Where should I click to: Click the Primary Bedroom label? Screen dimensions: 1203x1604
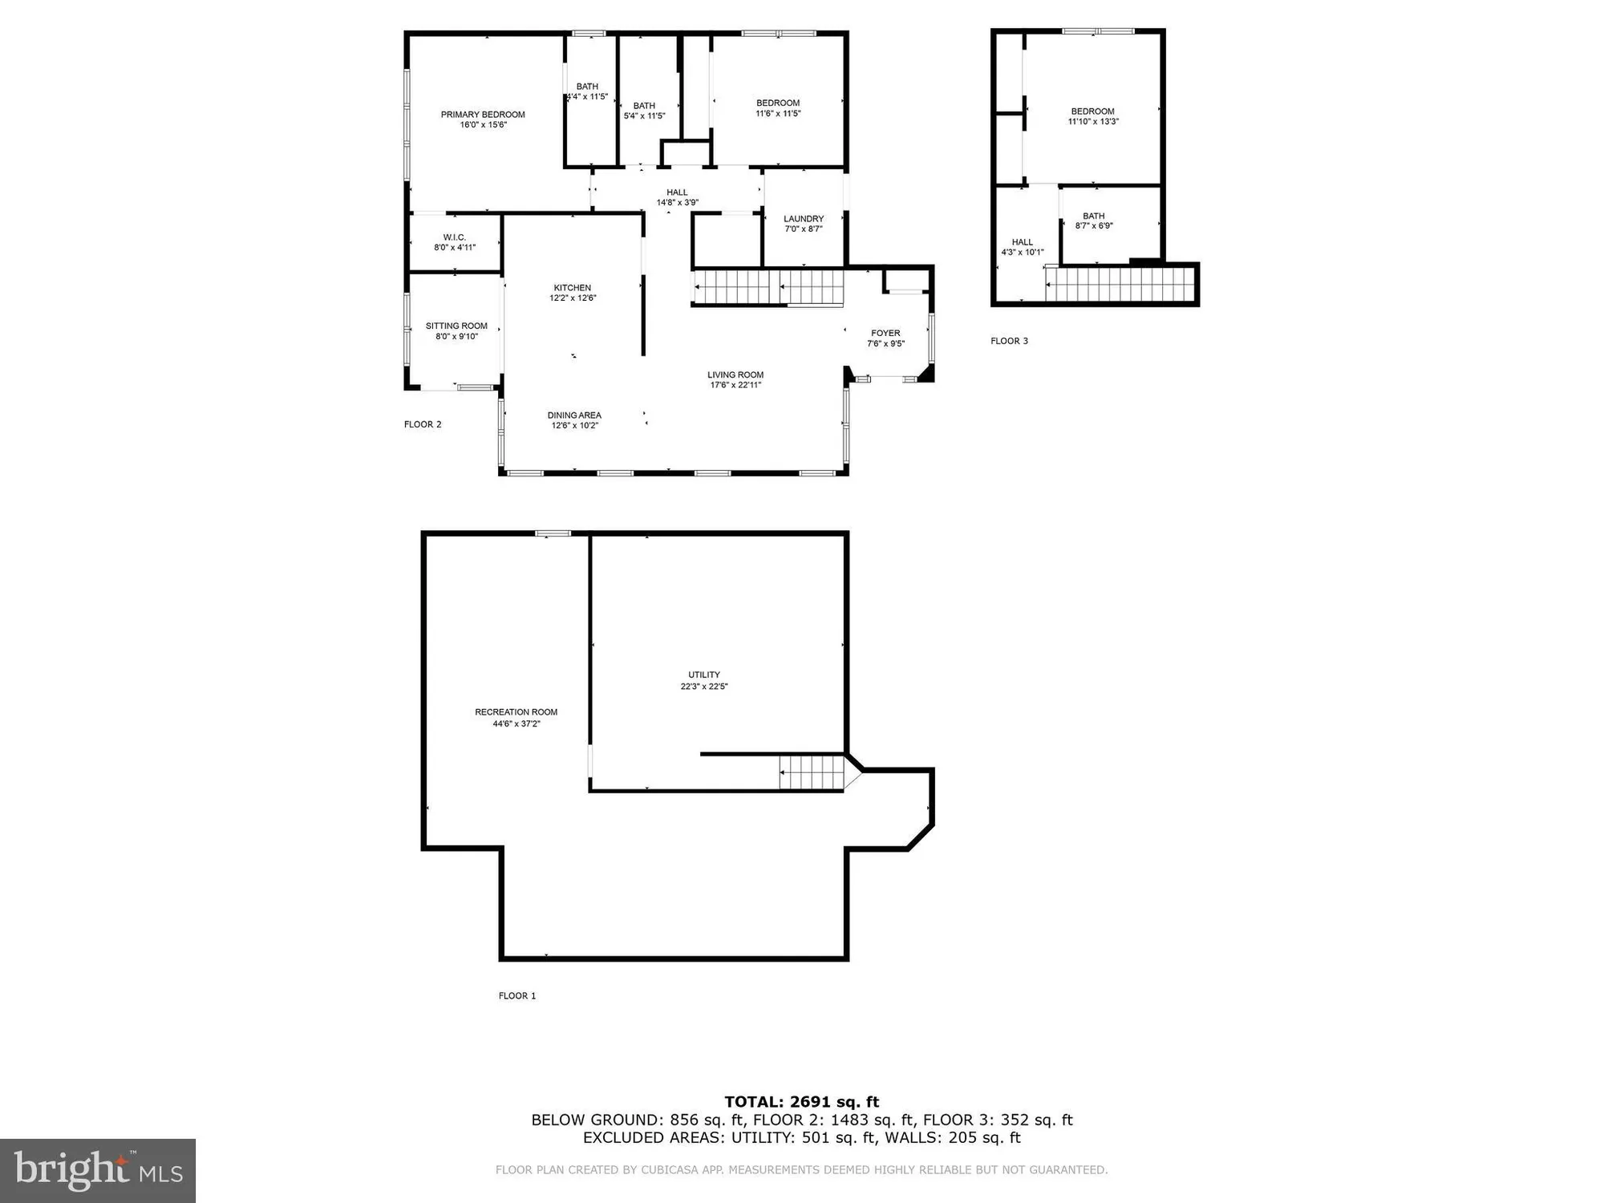tap(483, 115)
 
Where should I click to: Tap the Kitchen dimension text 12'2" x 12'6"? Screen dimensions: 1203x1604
tap(573, 298)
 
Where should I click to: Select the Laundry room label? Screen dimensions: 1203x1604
tap(804, 219)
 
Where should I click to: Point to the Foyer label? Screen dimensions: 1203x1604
tap(885, 333)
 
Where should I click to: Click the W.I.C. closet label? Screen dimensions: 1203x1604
tap(455, 237)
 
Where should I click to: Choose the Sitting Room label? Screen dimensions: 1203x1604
tap(456, 326)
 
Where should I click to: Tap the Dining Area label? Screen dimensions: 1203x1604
tap(574, 415)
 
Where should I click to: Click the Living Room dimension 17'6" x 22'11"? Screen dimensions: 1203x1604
tap(735, 385)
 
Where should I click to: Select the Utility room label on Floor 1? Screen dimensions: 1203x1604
tap(704, 674)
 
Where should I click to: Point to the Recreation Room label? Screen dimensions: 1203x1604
tap(516, 712)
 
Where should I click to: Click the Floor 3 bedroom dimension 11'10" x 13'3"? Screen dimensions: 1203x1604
tap(1092, 122)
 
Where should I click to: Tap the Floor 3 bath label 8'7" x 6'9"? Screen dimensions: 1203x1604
tap(1093, 221)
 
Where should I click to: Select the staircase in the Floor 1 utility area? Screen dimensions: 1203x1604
tap(812, 773)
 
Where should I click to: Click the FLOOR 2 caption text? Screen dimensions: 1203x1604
tap(423, 424)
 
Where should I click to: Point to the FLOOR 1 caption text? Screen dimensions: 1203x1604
tap(517, 995)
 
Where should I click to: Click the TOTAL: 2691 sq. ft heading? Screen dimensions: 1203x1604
tap(801, 1102)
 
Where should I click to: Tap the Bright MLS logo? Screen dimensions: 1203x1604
tap(98, 1171)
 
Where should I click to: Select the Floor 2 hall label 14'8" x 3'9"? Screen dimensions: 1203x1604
tap(677, 197)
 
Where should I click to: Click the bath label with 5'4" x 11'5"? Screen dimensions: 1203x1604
tap(644, 111)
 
